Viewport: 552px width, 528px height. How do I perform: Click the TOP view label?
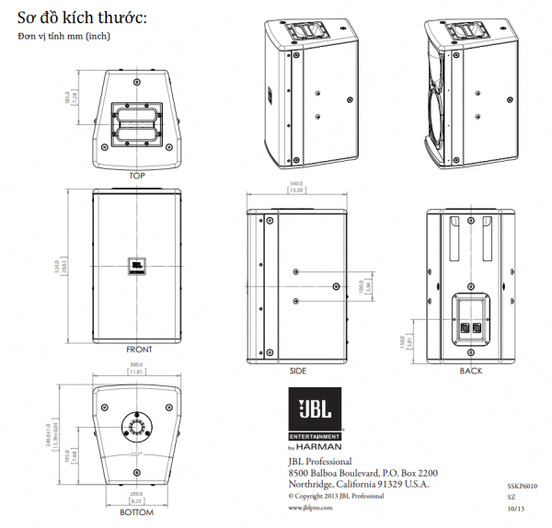(137, 175)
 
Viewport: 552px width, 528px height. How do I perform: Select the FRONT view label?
(139, 350)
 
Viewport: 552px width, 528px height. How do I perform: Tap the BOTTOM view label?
(137, 512)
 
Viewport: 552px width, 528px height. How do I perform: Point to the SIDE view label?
(297, 371)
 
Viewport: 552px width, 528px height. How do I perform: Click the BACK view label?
(470, 371)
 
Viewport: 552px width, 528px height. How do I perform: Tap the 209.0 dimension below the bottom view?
(137, 498)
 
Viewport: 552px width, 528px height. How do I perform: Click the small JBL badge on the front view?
(137, 266)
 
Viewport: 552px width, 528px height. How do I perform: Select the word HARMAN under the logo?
(322, 447)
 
